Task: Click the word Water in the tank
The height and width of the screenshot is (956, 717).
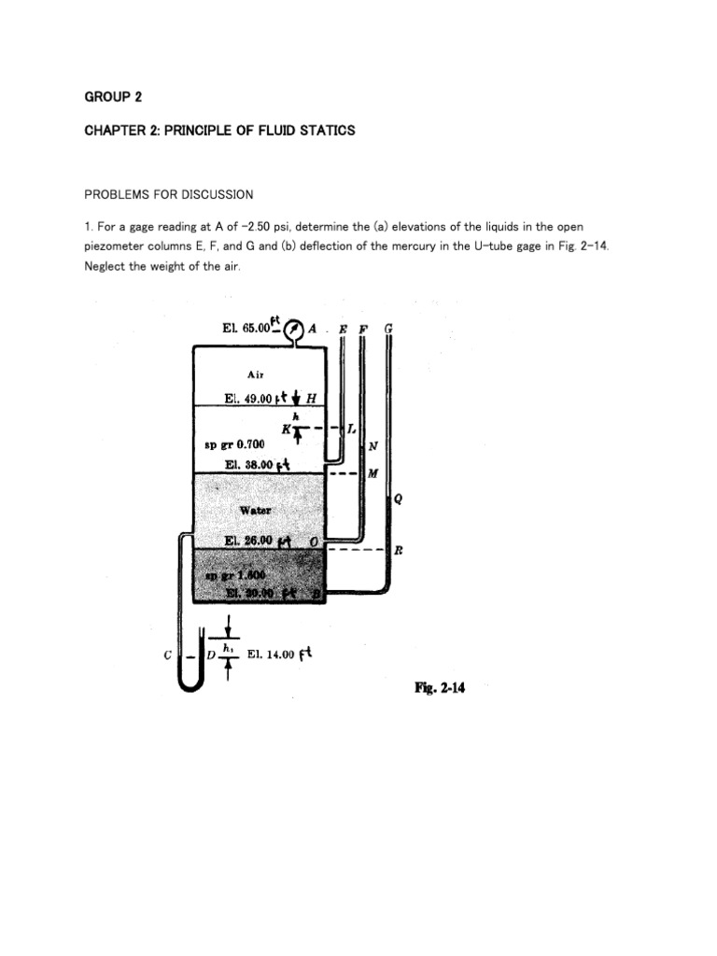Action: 255,511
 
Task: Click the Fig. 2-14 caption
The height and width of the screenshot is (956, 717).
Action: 440,688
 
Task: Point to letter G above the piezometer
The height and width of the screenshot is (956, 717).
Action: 388,330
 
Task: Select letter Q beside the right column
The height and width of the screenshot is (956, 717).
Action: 399,498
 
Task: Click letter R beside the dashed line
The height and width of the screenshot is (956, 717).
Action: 399,551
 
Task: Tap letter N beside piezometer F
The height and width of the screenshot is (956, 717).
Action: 373,445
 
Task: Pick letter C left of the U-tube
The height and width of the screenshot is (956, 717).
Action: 166,655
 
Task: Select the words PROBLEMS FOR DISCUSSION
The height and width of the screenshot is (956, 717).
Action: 169,194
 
